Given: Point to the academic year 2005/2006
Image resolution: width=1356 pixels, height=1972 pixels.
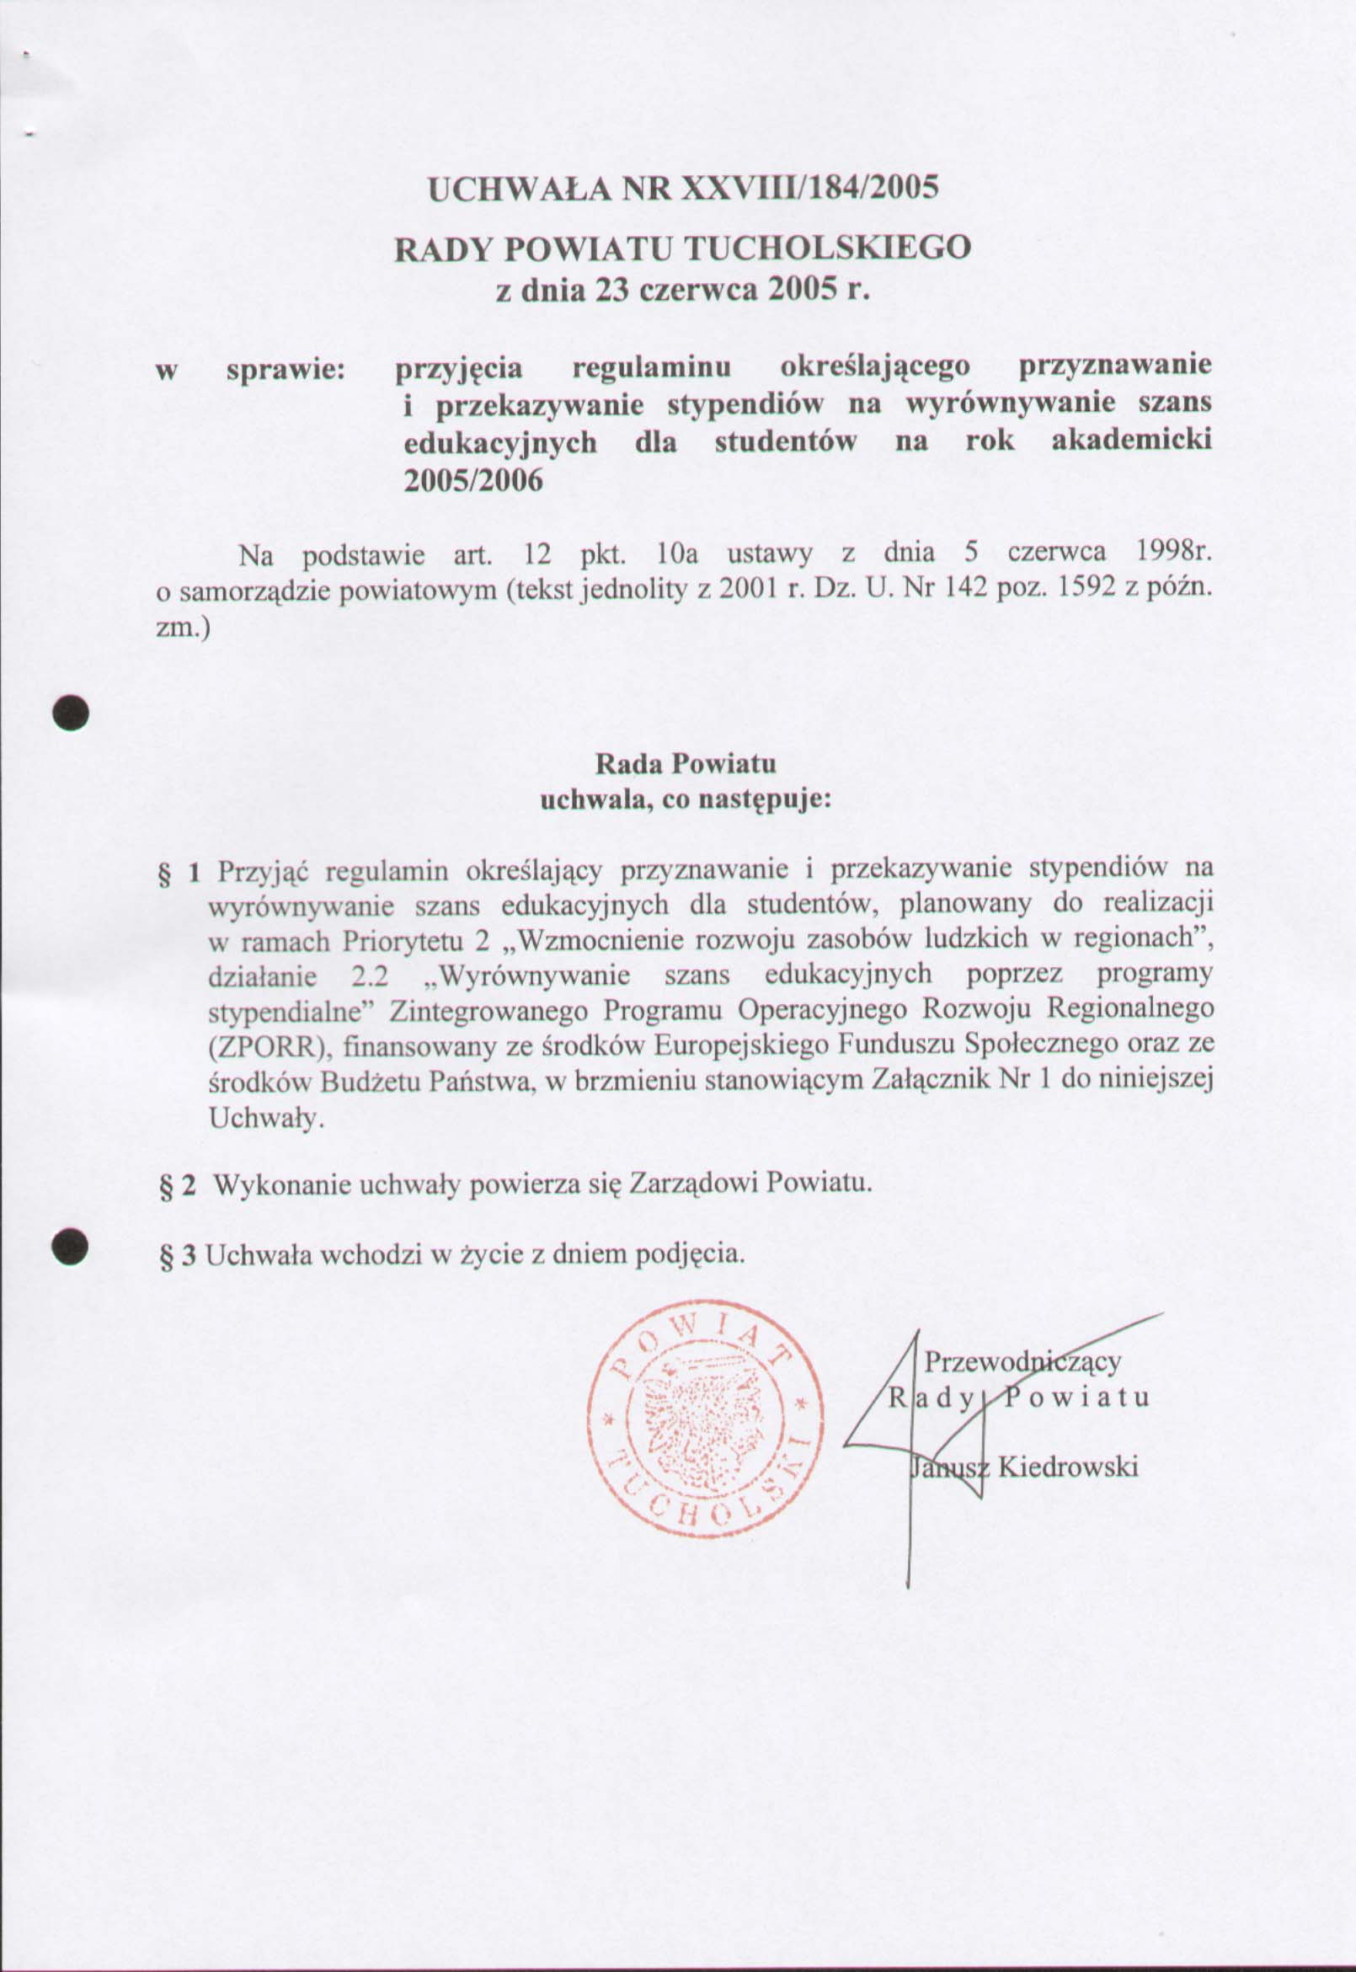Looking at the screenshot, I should (x=472, y=481).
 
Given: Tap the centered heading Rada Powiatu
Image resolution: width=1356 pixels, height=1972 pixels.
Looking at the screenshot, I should (x=685, y=763).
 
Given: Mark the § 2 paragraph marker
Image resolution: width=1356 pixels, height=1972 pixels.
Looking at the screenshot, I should (x=179, y=1186).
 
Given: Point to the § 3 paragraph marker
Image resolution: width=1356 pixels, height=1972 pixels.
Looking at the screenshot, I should (x=179, y=1256).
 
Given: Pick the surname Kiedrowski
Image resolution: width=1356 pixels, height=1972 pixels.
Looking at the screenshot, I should (x=1067, y=1467).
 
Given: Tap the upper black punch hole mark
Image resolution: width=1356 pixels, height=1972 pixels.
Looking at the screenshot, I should (x=71, y=712).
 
